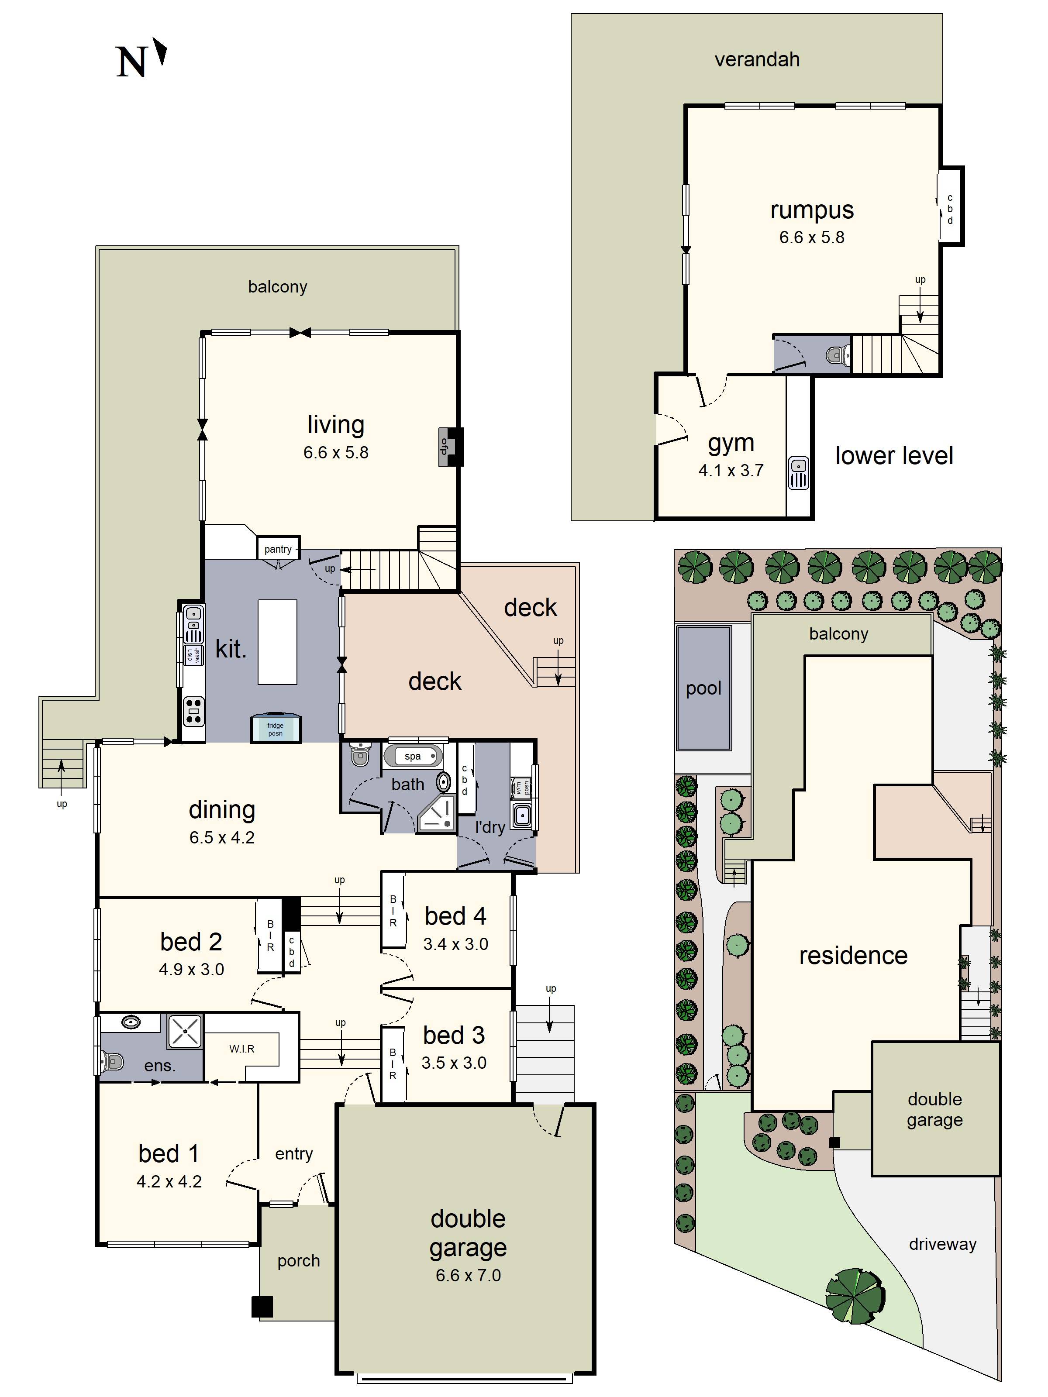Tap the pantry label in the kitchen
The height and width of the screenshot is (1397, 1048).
278,549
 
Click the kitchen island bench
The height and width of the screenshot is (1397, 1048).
277,642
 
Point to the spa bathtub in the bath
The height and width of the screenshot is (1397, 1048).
413,756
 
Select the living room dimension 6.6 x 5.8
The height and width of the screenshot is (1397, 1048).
335,452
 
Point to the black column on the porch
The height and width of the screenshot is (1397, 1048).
262,1307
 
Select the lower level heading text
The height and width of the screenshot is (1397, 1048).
893,455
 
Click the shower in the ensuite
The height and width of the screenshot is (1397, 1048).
185,1031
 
